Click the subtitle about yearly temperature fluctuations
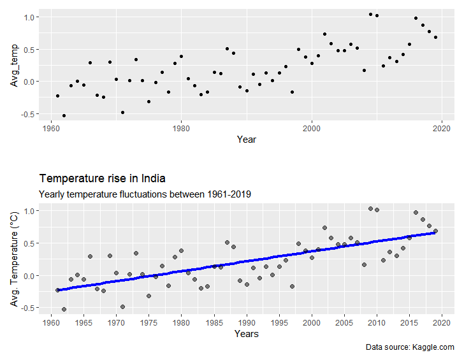145,194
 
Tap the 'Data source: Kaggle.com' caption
410,347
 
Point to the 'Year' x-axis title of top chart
246,139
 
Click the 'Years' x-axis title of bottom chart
246,333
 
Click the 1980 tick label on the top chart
181,128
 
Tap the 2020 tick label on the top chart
442,128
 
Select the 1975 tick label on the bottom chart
149,322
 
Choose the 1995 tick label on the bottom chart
279,322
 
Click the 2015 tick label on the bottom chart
409,322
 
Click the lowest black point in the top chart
64,115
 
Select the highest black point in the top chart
370,14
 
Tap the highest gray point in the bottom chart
370,208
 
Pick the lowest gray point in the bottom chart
64,310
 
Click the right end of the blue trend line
435,233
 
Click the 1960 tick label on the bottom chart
50,322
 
